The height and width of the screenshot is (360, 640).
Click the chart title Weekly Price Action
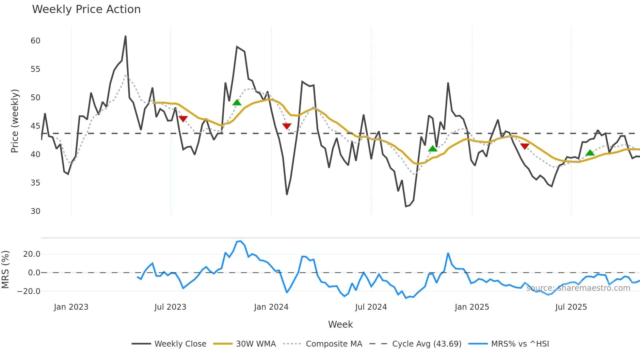pos(86,9)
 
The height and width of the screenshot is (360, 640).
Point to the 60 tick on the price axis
pos(35,41)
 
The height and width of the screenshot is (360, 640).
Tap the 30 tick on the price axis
pos(35,211)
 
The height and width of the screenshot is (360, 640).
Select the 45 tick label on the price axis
pos(35,126)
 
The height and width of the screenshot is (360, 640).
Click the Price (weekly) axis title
pos(15,121)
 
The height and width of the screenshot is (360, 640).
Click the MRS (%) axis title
pos(5,270)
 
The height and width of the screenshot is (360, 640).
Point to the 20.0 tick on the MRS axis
pos(32,254)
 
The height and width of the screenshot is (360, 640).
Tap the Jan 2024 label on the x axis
pos(271,307)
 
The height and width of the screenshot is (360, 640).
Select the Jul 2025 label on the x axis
pos(571,307)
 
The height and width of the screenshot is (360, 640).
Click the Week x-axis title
pos(340,324)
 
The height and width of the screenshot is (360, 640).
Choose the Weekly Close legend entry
pos(180,344)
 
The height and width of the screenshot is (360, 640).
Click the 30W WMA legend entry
pos(256,344)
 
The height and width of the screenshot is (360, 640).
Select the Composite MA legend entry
pos(334,344)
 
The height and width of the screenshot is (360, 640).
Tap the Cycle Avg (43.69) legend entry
pos(426,344)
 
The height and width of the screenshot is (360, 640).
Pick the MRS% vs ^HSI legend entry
pos(520,344)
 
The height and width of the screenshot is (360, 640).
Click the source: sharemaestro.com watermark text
pos(578,288)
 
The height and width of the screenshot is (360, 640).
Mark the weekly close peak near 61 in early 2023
pos(126,36)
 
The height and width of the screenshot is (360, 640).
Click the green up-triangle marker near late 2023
pos(237,103)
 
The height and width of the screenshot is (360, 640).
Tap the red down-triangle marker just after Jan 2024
pos(287,126)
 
